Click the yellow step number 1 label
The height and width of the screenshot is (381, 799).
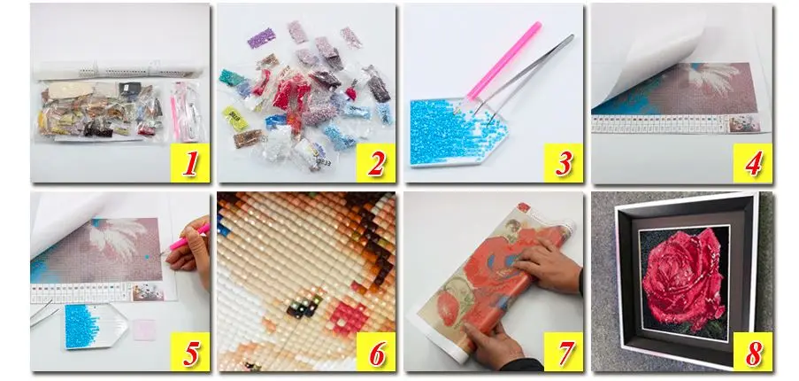click(x=188, y=163)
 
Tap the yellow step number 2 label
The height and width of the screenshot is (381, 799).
click(x=375, y=163)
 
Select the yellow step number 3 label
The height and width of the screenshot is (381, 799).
click(x=564, y=163)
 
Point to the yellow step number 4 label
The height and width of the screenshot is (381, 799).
click(x=751, y=163)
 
